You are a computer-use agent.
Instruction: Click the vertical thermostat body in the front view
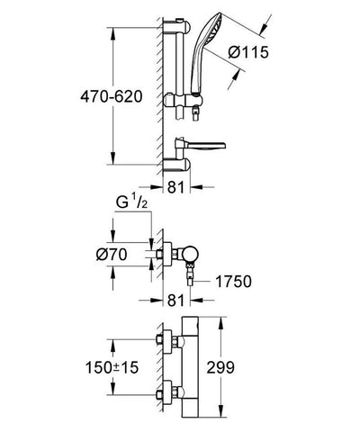(193, 369)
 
